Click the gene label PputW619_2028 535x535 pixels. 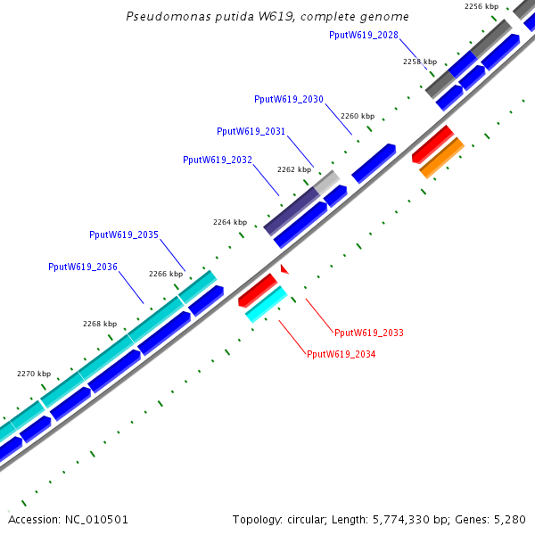click(x=363, y=36)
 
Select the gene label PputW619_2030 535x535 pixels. click(x=288, y=100)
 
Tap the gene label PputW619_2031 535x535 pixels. click(x=251, y=132)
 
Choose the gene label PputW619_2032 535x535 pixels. click(x=217, y=160)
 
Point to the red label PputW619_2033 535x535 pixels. click(x=368, y=333)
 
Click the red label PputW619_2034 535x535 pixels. click(x=341, y=355)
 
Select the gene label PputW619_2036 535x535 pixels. click(x=82, y=267)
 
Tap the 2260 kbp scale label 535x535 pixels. click(x=357, y=117)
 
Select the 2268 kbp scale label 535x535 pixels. click(x=100, y=325)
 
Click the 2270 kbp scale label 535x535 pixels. click(x=34, y=374)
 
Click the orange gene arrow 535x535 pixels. click(x=441, y=157)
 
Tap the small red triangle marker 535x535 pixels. click(x=284, y=267)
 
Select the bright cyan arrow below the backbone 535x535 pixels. click(x=266, y=304)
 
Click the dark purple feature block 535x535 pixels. click(x=292, y=210)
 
